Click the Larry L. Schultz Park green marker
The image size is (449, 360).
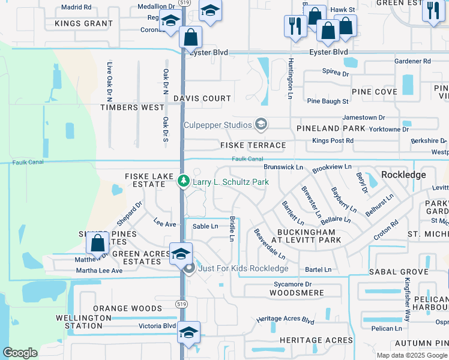click(184, 181)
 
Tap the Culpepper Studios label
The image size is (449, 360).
click(217, 125)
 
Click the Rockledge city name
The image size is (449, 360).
click(403, 175)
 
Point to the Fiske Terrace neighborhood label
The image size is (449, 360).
click(253, 145)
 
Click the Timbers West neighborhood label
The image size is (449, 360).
click(132, 107)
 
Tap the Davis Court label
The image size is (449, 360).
click(202, 98)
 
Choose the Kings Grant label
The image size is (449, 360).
click(83, 23)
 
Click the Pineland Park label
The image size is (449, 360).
click(331, 128)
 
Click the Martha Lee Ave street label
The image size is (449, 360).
click(99, 271)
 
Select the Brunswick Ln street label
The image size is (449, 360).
click(283, 167)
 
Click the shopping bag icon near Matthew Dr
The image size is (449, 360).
click(97, 244)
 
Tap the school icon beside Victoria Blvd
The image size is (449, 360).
click(188, 332)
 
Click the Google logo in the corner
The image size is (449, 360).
click(20, 353)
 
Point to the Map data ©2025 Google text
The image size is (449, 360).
click(411, 355)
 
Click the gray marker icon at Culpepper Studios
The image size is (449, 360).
click(261, 124)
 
